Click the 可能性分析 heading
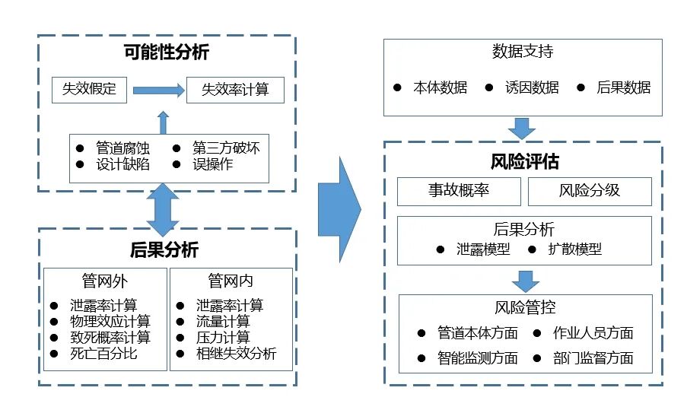[x=166, y=52]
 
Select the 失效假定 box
[x=89, y=89]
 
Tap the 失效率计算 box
[x=235, y=90]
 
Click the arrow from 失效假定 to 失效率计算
[x=158, y=90]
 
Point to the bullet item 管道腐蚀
[x=122, y=148]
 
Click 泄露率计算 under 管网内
[x=229, y=306]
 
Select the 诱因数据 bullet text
[x=532, y=87]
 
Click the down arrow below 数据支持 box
[x=523, y=128]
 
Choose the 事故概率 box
[x=459, y=191]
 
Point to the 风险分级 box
[x=590, y=191]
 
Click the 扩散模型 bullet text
[x=574, y=249]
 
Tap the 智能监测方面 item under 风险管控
[x=477, y=357]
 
